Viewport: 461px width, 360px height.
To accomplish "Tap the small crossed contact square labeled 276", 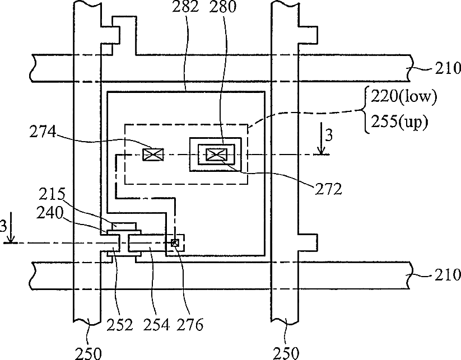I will click(x=175, y=243).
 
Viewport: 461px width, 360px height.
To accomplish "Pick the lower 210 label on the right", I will click(x=446, y=275).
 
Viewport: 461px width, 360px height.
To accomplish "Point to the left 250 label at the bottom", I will click(x=89, y=353).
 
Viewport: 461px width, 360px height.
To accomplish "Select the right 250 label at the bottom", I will click(x=286, y=353).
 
